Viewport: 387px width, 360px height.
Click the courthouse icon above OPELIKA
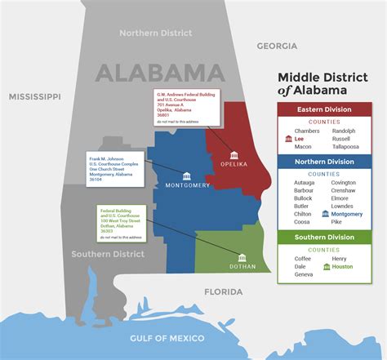(234, 155)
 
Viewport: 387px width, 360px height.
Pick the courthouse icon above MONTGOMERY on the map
(187, 176)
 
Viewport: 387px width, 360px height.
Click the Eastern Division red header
(325, 109)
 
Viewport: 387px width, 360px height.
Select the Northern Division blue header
(325, 162)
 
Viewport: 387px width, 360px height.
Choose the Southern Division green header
(325, 238)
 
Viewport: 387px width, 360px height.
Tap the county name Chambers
(307, 131)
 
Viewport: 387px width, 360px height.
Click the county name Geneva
(304, 274)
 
